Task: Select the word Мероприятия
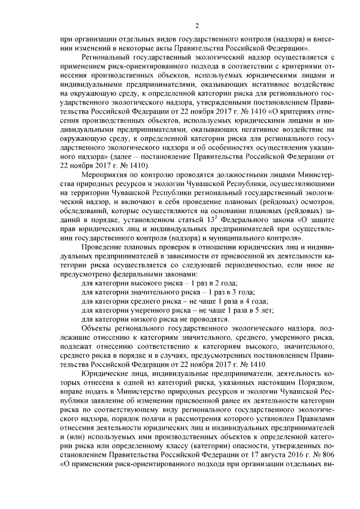(106, 175)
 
